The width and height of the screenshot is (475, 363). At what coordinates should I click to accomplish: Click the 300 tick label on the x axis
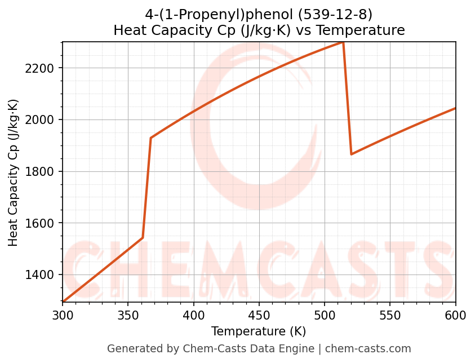pos(63,315)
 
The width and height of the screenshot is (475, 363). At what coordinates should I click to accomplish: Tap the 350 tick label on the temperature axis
pos(128,315)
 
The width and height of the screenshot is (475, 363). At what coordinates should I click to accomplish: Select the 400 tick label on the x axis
pos(193,315)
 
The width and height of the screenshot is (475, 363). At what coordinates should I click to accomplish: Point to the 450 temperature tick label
pos(259,315)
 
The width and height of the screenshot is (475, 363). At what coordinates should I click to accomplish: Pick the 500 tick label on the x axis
pos(325,315)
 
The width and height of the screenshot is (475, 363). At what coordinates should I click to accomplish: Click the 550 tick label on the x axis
pos(390,315)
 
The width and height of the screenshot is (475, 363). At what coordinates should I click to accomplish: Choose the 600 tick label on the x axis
pos(455,315)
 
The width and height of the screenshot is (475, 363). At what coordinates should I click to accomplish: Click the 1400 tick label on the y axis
pos(42,275)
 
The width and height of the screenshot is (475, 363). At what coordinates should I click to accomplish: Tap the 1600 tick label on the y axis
pos(42,223)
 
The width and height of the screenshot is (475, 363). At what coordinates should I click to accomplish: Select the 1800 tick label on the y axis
pos(42,171)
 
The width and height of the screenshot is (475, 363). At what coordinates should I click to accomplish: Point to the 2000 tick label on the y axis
pos(42,119)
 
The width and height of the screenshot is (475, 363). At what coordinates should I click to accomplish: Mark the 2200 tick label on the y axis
pos(42,68)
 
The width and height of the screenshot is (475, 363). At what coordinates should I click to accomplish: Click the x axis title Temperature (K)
pos(259,331)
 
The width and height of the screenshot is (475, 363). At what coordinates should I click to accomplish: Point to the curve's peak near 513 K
pos(343,42)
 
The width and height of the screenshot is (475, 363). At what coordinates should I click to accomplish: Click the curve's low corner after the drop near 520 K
pos(351,154)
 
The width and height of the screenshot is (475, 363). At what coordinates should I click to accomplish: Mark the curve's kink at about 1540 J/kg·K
pos(143,238)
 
